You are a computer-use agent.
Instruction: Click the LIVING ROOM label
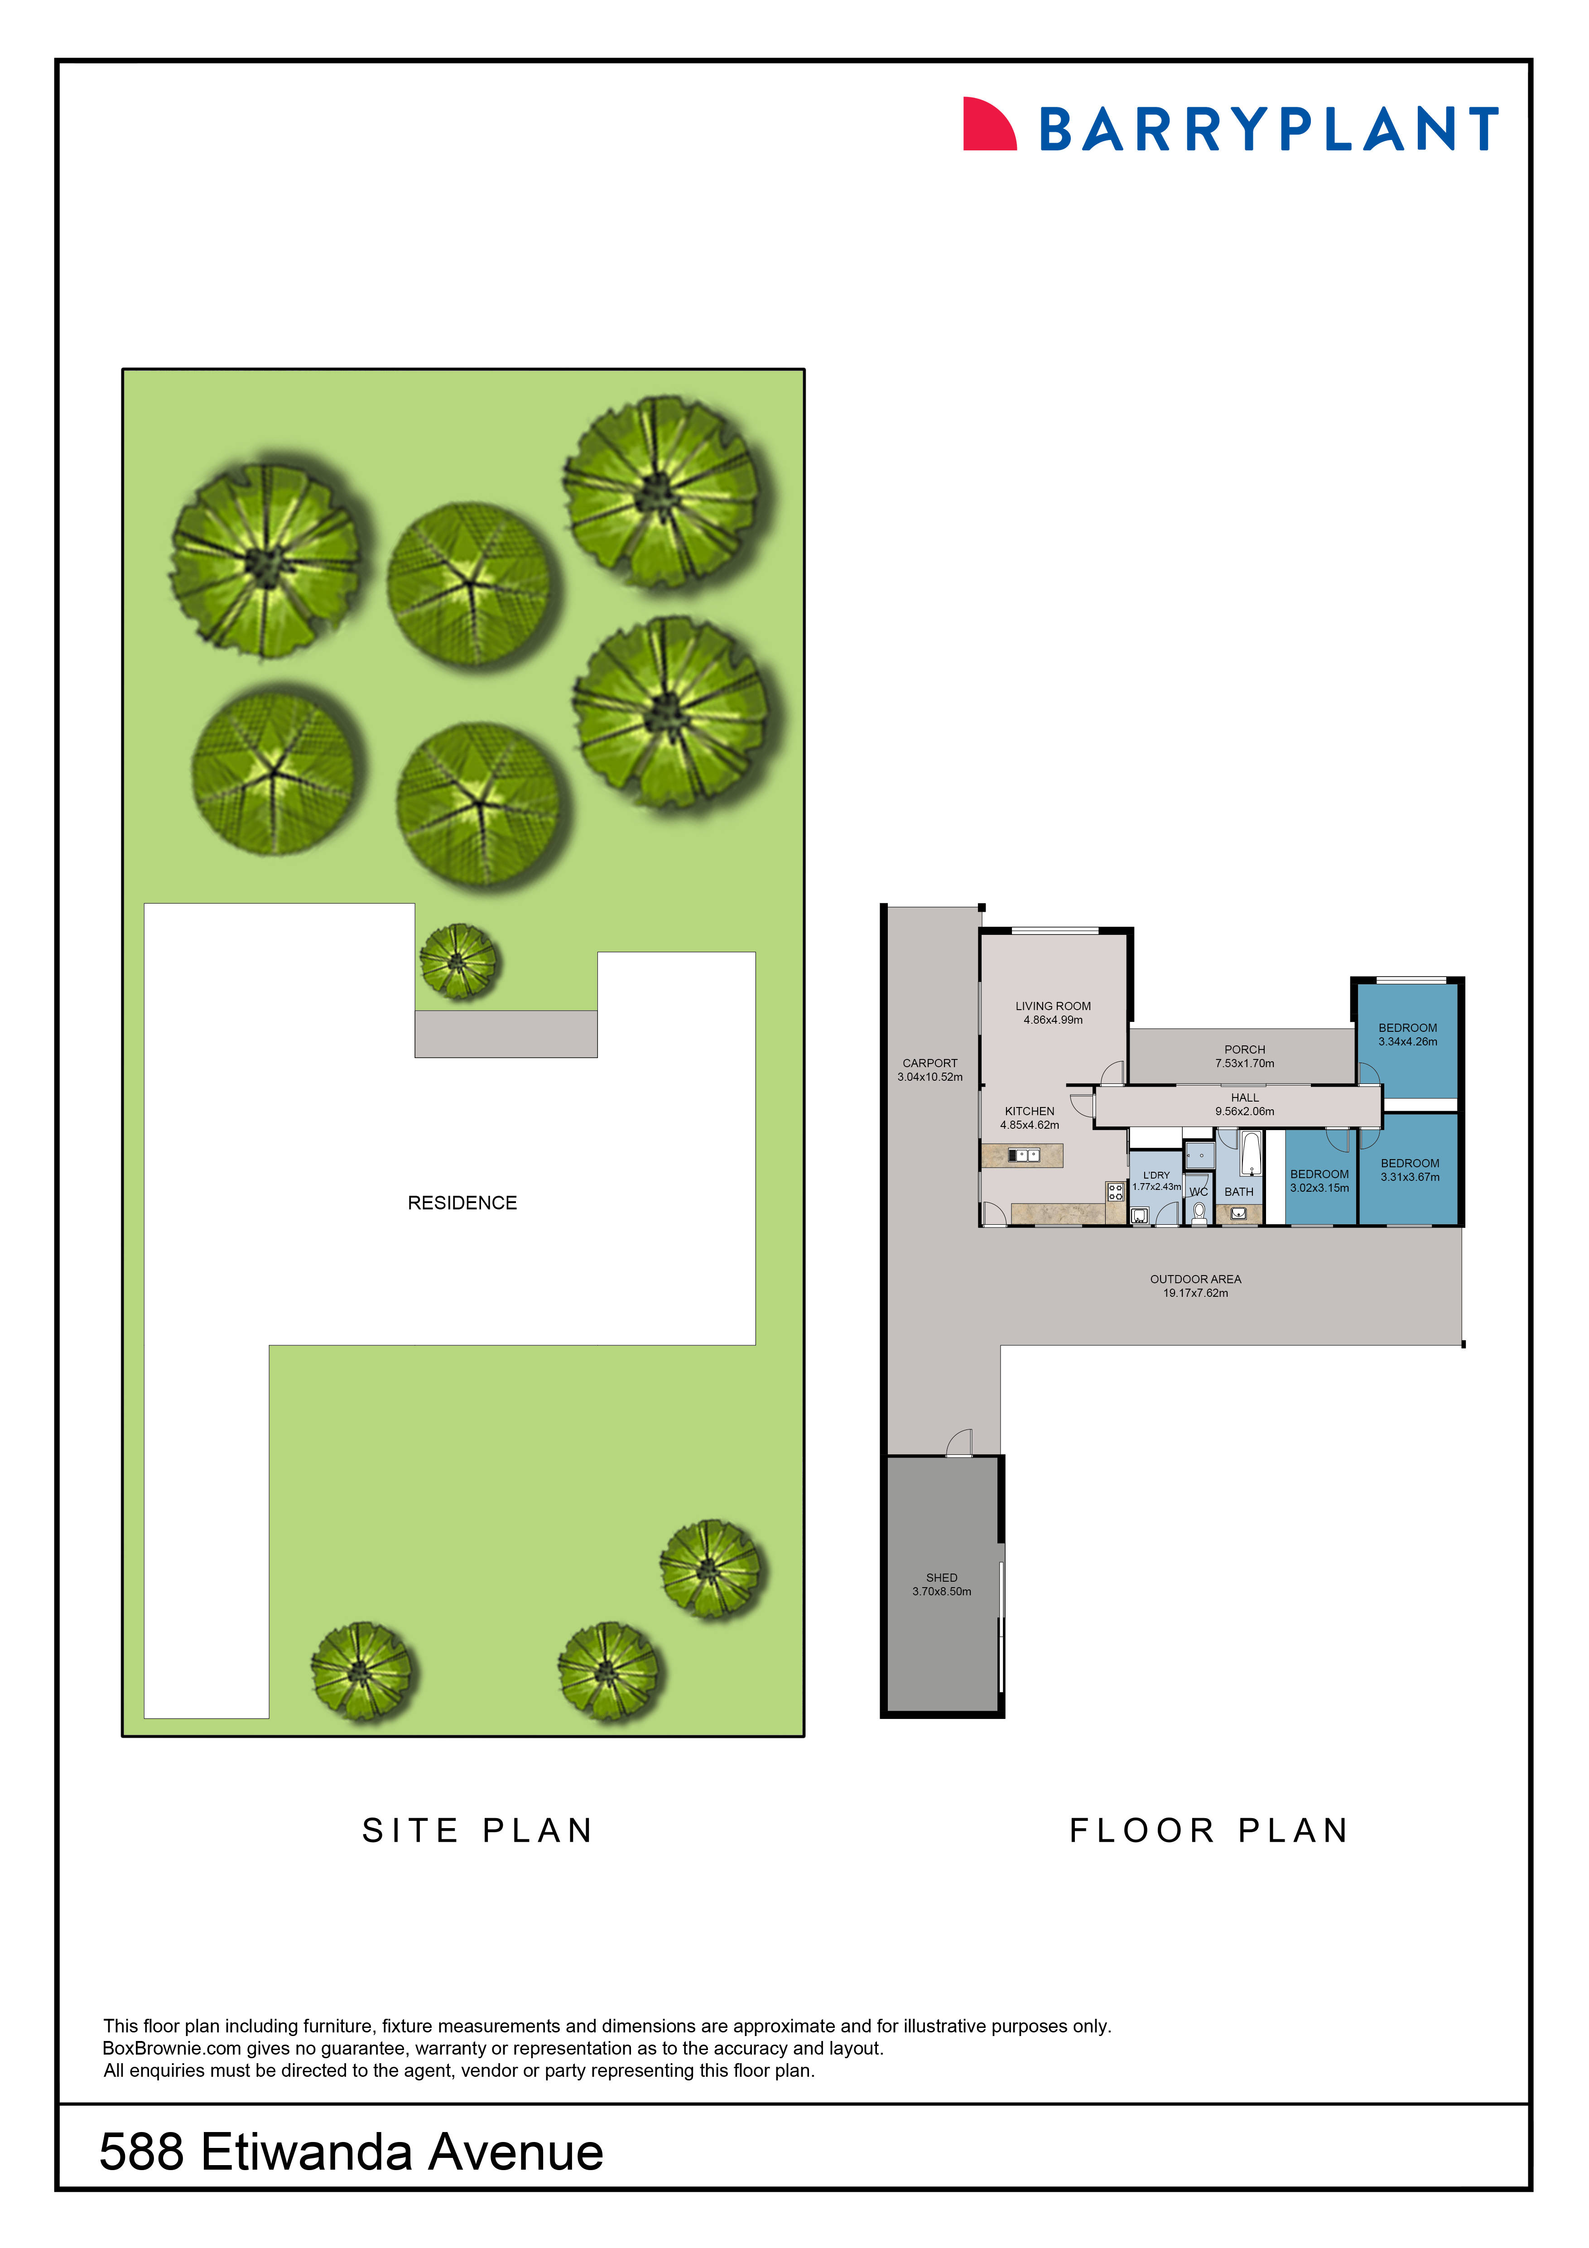click(x=1053, y=1006)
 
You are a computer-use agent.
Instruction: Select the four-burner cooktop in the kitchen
click(x=1115, y=1192)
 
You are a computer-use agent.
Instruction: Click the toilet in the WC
click(x=1199, y=1212)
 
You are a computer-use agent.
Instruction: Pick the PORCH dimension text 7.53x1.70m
click(x=1244, y=1063)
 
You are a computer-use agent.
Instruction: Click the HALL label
click(x=1244, y=1098)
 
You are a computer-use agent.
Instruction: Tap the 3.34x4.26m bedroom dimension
click(x=1408, y=1042)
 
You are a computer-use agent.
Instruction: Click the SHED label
click(x=942, y=1577)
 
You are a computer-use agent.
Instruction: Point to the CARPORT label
click(x=930, y=1062)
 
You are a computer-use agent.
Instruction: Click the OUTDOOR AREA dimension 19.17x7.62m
click(x=1195, y=1293)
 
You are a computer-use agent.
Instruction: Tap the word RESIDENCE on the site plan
click(x=462, y=1202)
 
